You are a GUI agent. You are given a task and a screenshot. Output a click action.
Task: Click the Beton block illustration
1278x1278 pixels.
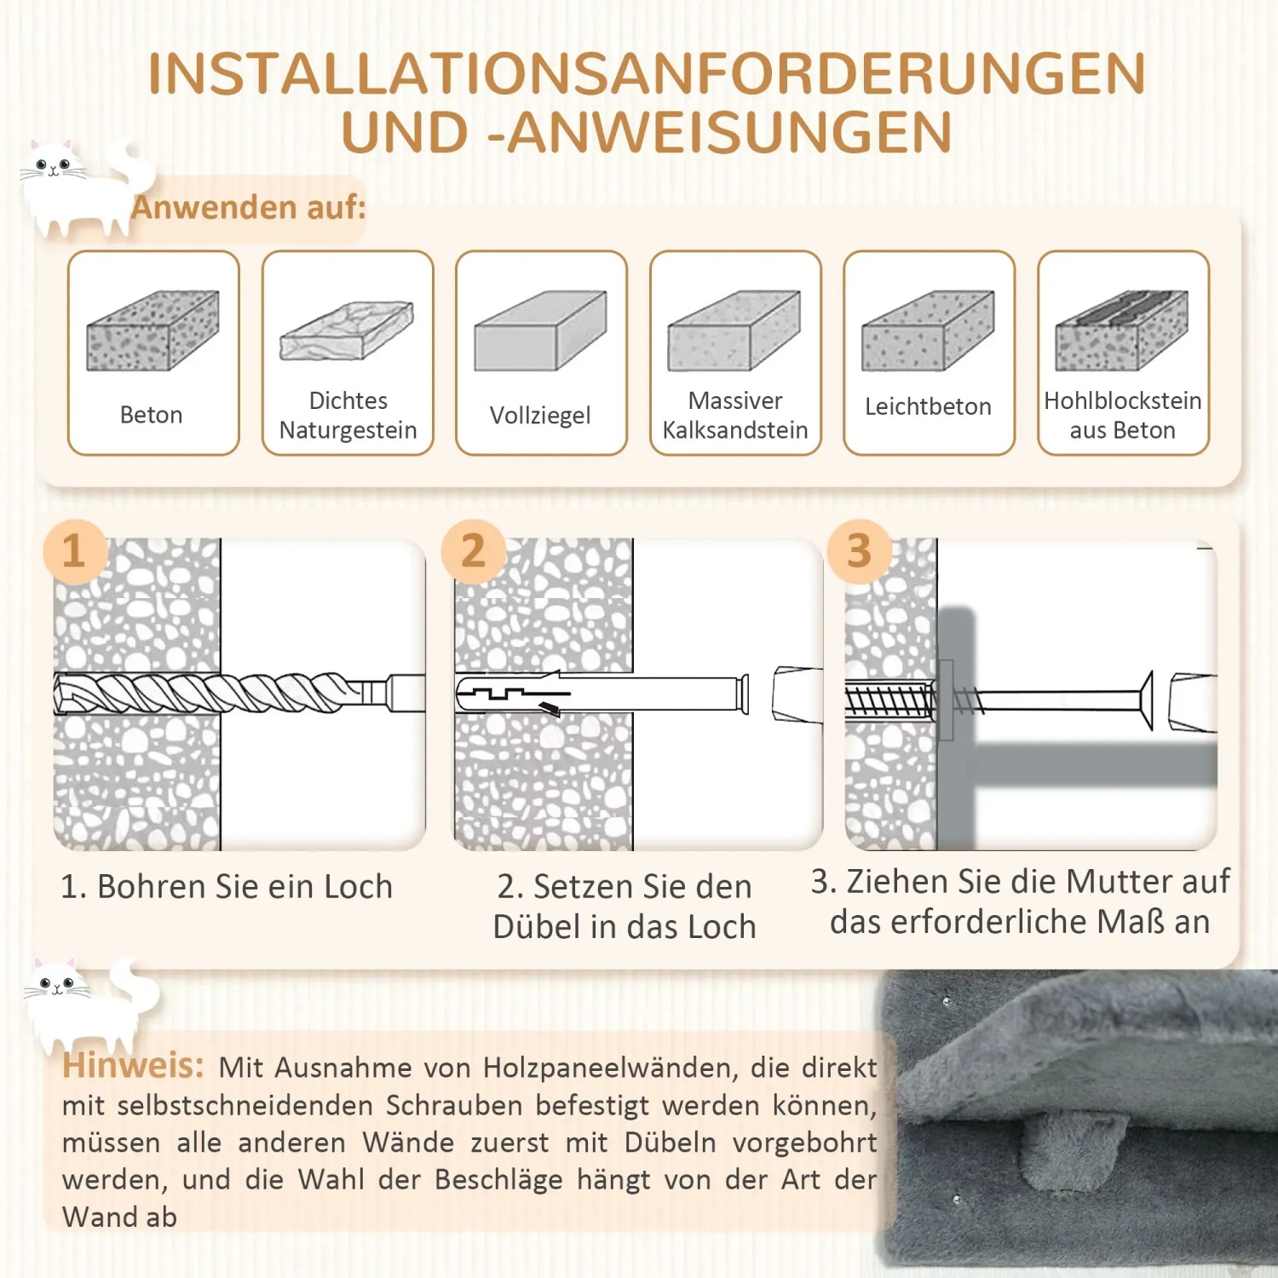153,331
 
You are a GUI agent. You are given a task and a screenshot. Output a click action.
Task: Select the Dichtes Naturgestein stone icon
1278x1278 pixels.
347,331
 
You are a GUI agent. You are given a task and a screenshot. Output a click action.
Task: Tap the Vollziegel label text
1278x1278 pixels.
540,415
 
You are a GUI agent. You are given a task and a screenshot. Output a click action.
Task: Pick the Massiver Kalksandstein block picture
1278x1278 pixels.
734,331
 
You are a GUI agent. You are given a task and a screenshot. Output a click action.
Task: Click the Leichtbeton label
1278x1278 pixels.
928,406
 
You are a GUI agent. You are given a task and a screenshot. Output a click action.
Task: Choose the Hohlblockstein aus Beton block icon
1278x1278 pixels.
1121,331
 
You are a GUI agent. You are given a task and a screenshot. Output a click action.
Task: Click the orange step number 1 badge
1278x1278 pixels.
74,550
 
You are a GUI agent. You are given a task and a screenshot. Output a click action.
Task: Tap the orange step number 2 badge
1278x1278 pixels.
474,550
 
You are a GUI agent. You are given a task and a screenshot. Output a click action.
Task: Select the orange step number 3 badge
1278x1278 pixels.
859,550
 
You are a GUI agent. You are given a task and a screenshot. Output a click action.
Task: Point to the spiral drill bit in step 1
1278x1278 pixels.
213,693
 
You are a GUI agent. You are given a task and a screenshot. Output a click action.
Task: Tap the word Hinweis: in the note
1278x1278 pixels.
133,1066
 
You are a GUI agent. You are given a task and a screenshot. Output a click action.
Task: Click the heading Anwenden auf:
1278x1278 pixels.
248,207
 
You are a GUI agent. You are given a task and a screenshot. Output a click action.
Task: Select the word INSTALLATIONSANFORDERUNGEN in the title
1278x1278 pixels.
647,74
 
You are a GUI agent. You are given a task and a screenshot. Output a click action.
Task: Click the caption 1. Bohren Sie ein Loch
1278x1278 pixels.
227,887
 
